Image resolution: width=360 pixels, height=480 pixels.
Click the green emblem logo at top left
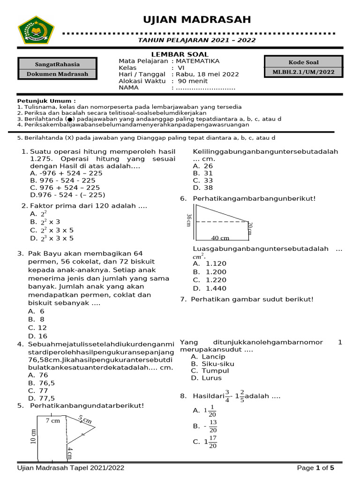click(36, 30)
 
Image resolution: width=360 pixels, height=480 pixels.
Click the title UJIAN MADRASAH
click(197, 20)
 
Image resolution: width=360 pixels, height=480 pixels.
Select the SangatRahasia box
click(58, 64)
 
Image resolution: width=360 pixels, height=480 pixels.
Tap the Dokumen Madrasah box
click(58, 74)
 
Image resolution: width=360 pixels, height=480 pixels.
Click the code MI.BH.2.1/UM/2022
click(303, 72)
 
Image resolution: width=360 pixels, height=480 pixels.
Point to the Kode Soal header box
click(303, 62)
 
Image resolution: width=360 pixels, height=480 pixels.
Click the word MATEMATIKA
click(197, 61)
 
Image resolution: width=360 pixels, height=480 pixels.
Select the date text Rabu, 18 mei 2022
click(207, 74)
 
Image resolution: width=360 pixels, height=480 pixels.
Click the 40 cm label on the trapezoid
click(220, 238)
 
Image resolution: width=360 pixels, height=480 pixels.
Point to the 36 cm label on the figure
click(189, 220)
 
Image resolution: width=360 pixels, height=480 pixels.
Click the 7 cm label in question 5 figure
click(53, 421)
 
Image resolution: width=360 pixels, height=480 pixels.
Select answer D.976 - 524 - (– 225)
click(67, 195)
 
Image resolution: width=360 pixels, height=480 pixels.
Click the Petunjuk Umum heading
click(46, 101)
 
